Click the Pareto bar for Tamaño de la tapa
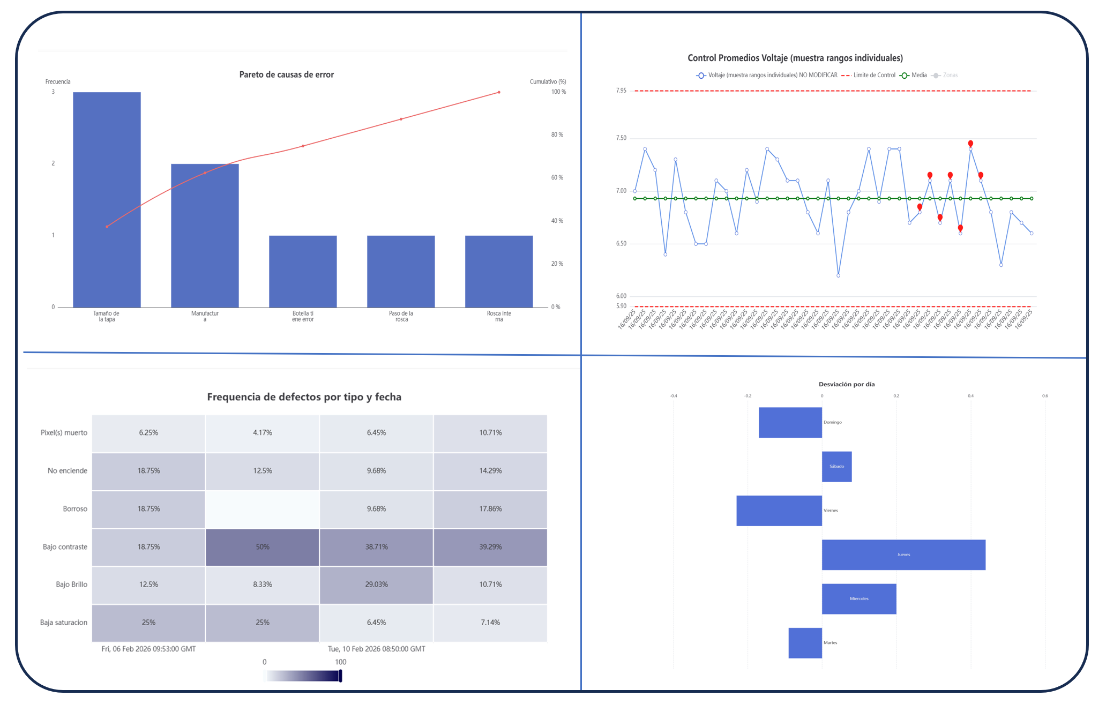pos(107,199)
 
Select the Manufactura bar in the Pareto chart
pos(205,236)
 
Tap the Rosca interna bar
pos(499,271)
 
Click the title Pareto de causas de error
pos(286,74)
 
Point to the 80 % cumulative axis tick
pos(557,135)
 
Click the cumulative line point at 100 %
pos(499,92)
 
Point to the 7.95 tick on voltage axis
pos(621,91)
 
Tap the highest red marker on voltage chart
pos(970,144)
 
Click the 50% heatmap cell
pos(263,547)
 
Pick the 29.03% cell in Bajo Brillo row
pos(376,585)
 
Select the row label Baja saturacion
pos(63,623)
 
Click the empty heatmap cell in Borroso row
pos(263,509)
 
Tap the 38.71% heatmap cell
pos(376,547)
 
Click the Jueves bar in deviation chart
pos(903,555)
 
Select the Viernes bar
pos(779,511)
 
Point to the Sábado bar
pos(836,467)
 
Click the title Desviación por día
pos(846,384)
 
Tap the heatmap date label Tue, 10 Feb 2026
pos(376,649)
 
